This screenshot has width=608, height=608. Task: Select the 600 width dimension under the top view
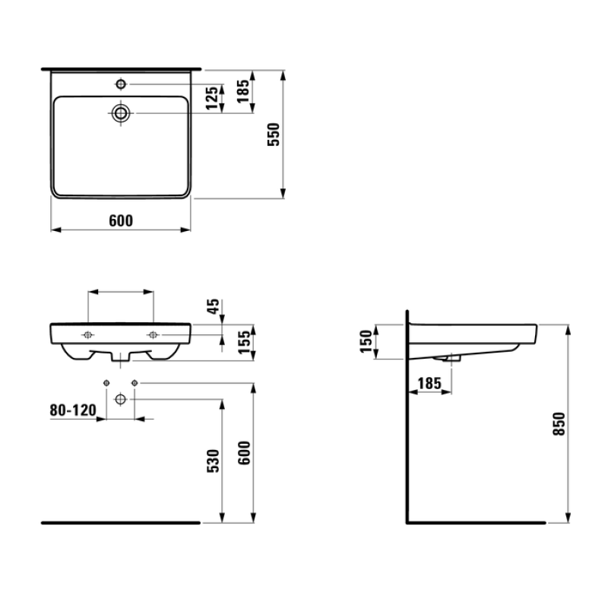(x=121, y=220)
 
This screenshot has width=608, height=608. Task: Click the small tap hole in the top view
(x=120, y=82)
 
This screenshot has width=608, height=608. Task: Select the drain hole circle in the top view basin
(x=121, y=113)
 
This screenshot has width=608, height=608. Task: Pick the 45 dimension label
(x=214, y=306)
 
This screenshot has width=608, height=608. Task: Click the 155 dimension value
(x=244, y=343)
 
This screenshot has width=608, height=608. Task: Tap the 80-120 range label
(x=74, y=410)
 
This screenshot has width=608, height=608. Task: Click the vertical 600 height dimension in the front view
(x=244, y=454)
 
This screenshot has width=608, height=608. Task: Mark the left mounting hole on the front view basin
(x=87, y=335)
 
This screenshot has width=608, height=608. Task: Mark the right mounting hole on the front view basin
(x=154, y=335)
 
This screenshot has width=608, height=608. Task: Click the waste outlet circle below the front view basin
(x=120, y=399)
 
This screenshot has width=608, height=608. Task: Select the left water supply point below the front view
(x=106, y=382)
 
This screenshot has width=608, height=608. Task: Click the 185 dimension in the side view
(x=429, y=385)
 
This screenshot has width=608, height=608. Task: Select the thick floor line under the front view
(x=119, y=523)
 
